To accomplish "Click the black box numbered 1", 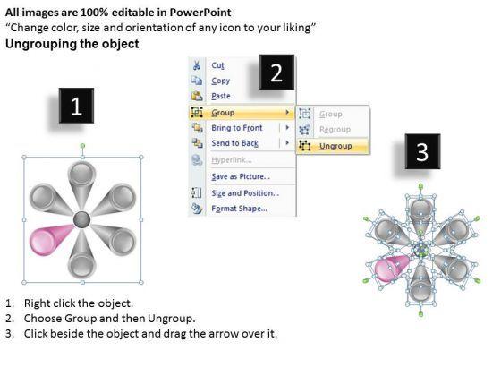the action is [76, 106].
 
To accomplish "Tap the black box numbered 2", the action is [276, 73].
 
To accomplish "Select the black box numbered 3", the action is [422, 151].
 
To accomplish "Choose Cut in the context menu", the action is [218, 65].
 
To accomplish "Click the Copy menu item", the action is [220, 81].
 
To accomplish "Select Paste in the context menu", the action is [221, 96].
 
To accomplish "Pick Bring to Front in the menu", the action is [237, 128].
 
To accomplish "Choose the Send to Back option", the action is [234, 143].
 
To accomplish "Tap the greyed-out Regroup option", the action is [335, 130].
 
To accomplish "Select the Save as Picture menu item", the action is [241, 176].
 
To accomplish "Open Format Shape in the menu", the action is [239, 209].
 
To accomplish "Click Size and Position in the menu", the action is [245, 193].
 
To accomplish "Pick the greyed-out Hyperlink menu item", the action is [232, 160].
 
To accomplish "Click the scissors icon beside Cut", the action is [197, 65].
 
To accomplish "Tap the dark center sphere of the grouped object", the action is [82, 219].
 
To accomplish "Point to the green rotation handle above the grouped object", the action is [82, 146].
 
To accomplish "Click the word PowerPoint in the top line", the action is [200, 13].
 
